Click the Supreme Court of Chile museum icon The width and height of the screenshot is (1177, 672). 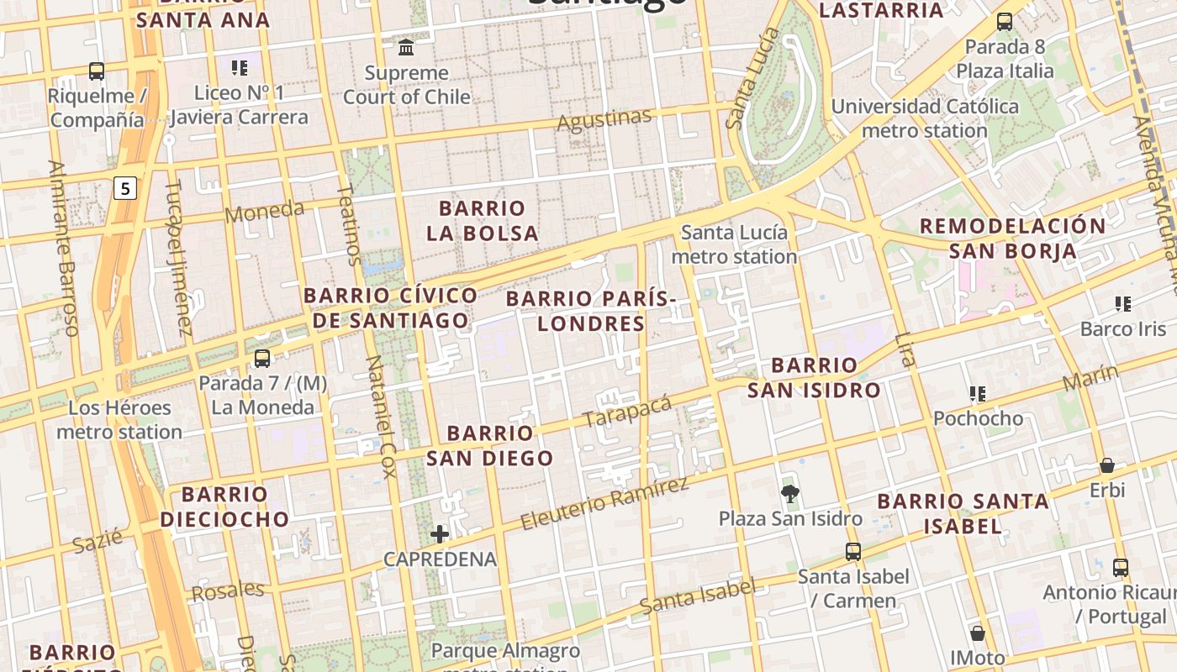click(x=407, y=46)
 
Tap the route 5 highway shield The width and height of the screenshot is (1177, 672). click(x=124, y=188)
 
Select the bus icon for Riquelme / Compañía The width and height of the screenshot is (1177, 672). click(x=97, y=71)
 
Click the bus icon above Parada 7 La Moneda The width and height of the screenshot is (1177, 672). click(x=262, y=359)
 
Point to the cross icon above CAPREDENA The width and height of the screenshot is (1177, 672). click(x=439, y=533)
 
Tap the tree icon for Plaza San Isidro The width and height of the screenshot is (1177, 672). click(x=789, y=493)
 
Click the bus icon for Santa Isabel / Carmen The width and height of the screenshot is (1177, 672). click(x=853, y=552)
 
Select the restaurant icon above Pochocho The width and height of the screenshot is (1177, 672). click(x=978, y=393)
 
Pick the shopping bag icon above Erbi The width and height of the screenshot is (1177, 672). click(x=1107, y=465)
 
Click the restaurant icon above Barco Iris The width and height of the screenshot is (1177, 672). click(x=1123, y=303)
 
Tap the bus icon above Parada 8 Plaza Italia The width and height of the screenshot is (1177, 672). click(x=1005, y=22)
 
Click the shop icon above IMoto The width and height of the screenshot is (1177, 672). click(x=977, y=633)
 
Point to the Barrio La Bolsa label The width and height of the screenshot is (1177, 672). click(x=483, y=221)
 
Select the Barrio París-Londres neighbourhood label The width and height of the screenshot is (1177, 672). click(x=591, y=311)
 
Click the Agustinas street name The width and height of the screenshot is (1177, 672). click(x=604, y=120)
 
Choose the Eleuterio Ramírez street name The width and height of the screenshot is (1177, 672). click(x=604, y=503)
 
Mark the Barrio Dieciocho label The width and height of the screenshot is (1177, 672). click(x=224, y=507)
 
